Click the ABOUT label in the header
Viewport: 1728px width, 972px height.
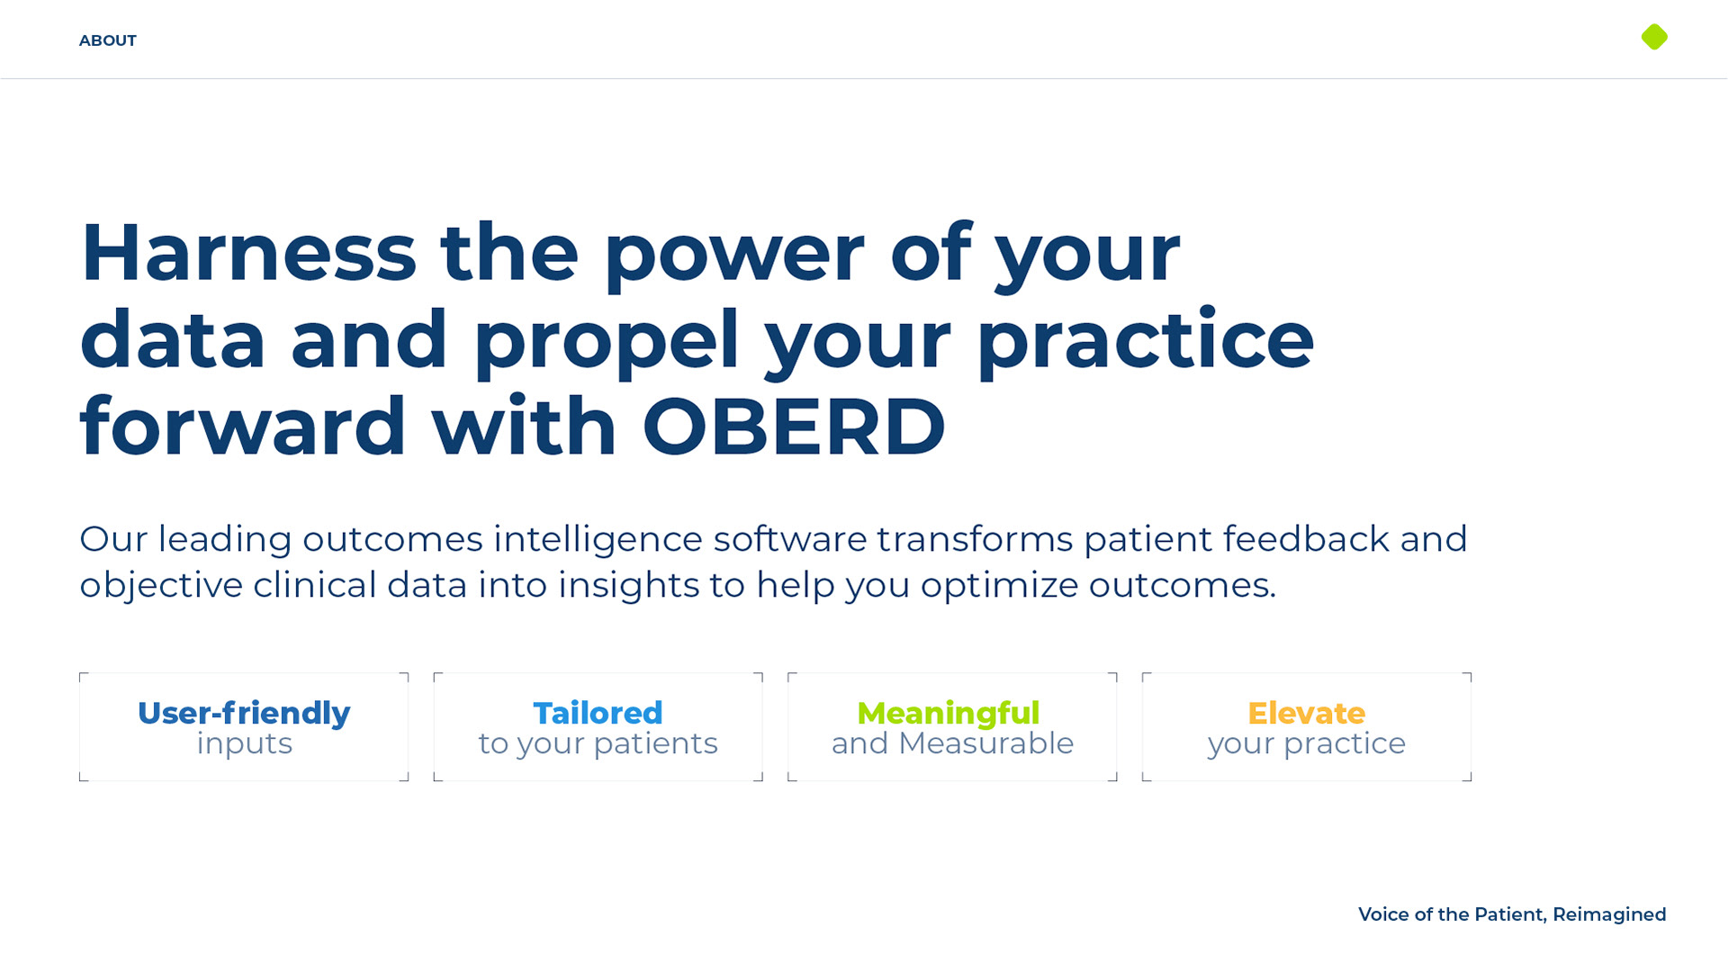(x=108, y=40)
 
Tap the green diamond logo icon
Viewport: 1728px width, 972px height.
(x=1654, y=37)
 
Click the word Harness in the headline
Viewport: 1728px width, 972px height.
(x=248, y=252)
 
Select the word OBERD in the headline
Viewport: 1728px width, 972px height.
(x=794, y=427)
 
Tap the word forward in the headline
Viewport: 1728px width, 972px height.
(x=243, y=426)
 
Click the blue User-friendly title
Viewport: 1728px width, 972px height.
(x=244, y=713)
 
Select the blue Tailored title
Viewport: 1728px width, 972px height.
(x=598, y=713)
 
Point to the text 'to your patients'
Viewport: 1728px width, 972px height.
(x=598, y=744)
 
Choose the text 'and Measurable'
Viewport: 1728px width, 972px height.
(x=952, y=743)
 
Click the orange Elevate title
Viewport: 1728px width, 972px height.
(x=1307, y=713)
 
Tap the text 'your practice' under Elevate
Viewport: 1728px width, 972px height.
(x=1307, y=744)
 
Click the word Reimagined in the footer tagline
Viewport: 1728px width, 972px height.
(x=1609, y=915)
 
